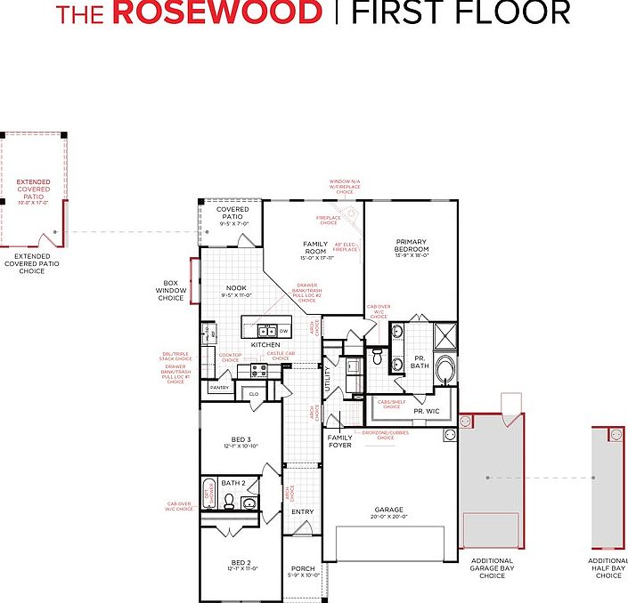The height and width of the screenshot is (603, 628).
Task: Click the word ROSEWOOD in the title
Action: click(218, 13)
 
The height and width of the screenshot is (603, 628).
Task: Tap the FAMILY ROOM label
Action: click(315, 247)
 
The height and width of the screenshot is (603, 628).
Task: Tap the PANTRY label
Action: click(219, 388)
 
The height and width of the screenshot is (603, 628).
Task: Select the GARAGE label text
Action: click(388, 511)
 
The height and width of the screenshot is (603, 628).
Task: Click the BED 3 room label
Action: click(241, 439)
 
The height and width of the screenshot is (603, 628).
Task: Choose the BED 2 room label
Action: click(241, 562)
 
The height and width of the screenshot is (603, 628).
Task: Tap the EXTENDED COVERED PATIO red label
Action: click(34, 189)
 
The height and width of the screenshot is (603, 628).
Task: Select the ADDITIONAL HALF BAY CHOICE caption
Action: click(608, 568)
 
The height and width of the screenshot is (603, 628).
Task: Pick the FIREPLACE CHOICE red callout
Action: click(328, 221)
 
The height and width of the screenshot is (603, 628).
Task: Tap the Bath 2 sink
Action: click(249, 504)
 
